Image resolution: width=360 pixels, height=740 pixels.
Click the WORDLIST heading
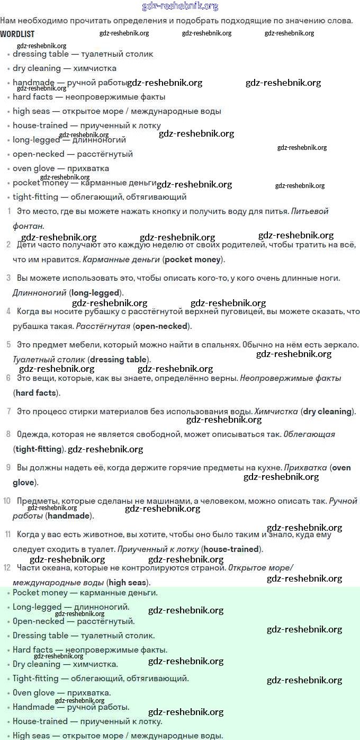coord(17,33)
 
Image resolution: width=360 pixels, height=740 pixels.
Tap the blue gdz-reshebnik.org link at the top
coord(180,6)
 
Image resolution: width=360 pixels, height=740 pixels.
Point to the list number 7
coord(8,412)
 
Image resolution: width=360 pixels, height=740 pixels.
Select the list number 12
coord(7,568)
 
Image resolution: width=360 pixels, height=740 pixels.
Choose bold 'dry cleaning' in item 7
coord(327,412)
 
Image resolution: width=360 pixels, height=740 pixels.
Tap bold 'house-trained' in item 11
coord(231,549)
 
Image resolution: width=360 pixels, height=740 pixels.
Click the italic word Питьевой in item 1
coord(310,211)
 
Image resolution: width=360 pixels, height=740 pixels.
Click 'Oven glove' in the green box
coord(34,693)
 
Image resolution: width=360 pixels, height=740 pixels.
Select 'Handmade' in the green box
coord(33,707)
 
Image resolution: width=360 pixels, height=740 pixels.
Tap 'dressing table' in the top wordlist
coord(41,54)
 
